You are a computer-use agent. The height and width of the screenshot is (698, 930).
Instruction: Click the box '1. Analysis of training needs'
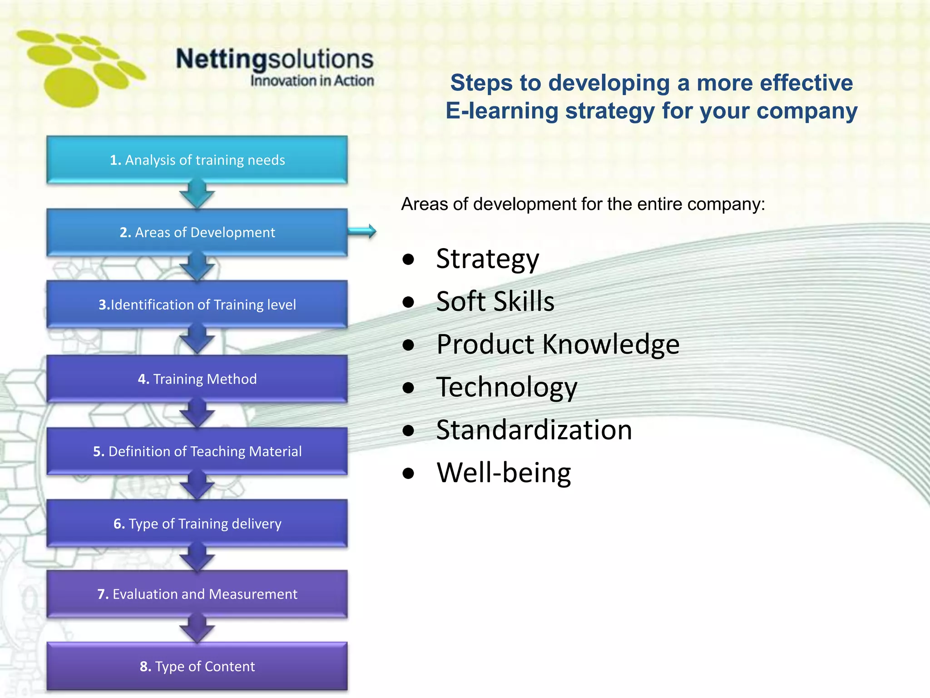click(197, 160)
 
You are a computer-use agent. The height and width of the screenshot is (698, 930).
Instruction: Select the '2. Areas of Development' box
click(197, 232)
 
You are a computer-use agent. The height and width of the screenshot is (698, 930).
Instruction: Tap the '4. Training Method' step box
click(197, 379)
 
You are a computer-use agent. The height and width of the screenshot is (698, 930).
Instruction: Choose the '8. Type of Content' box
click(197, 666)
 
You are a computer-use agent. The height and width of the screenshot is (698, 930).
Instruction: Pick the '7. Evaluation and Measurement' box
click(197, 594)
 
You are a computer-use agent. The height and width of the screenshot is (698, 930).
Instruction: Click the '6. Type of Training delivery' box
click(197, 523)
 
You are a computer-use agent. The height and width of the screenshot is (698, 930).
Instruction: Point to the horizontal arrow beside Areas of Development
click(362, 231)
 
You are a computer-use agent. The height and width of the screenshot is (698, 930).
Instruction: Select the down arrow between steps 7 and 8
click(197, 629)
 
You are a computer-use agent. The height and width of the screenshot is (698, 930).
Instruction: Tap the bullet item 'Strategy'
click(487, 259)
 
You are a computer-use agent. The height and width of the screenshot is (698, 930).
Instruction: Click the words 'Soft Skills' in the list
click(495, 301)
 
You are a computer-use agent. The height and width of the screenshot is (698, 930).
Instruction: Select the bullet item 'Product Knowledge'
click(558, 344)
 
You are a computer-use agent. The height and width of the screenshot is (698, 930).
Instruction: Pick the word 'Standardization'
click(534, 430)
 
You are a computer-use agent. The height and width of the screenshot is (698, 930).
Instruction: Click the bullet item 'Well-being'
click(504, 473)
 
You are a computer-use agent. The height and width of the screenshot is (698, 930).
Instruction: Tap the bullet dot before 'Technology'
click(409, 388)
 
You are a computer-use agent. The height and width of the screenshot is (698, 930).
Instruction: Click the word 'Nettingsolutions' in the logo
click(275, 59)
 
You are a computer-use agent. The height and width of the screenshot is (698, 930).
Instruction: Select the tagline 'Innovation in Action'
click(312, 81)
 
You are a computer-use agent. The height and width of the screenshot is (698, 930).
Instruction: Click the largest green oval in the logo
click(71, 87)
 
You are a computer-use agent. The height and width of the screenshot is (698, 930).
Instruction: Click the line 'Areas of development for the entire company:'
click(583, 204)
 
